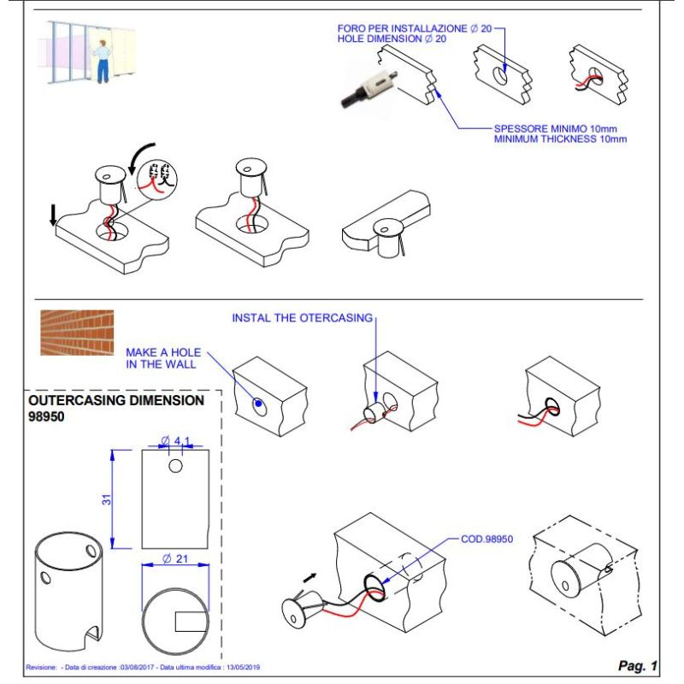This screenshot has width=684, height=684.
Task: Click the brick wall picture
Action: [x=76, y=333]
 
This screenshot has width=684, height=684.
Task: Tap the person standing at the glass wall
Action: [x=103, y=60]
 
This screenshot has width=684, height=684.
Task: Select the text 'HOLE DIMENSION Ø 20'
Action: [x=391, y=39]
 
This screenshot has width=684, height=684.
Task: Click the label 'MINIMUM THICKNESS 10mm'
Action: [x=560, y=139]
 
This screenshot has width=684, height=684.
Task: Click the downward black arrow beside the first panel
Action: [x=54, y=215]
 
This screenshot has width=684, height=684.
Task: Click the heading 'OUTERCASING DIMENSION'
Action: [x=116, y=400]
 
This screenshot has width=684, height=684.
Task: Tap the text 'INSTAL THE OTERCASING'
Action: [x=303, y=318]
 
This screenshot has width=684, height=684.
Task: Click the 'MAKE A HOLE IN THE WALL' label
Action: [x=160, y=358]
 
